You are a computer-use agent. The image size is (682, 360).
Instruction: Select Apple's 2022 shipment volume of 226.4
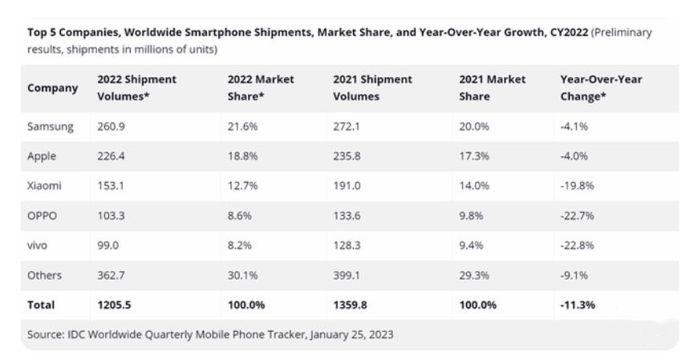pyautogui.click(x=112, y=156)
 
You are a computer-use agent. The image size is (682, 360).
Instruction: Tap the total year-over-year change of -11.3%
pyautogui.click(x=578, y=305)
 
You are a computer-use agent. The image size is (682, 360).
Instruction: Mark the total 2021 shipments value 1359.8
pyautogui.click(x=351, y=305)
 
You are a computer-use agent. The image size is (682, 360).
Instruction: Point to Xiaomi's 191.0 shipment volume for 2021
pyautogui.click(x=347, y=185)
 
